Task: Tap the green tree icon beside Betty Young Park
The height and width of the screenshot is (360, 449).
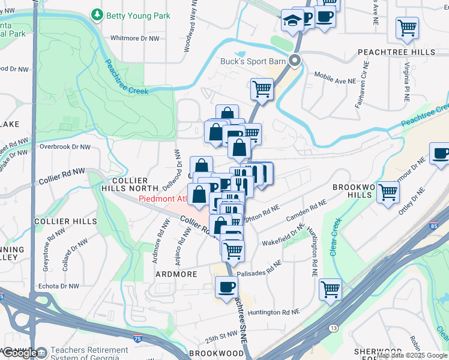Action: (97, 14)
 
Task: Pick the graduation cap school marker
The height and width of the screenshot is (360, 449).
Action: (292, 21)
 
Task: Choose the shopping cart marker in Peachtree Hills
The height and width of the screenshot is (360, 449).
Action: (408, 27)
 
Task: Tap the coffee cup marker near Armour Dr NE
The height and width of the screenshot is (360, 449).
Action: (440, 154)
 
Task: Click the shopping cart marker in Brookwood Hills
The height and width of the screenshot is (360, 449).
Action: (388, 192)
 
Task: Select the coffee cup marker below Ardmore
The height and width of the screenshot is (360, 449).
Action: (226, 287)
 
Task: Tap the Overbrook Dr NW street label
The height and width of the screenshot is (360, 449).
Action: (65, 146)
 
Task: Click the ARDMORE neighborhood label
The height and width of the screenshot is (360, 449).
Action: (177, 274)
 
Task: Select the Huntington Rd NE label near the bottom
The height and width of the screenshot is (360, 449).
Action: (273, 313)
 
